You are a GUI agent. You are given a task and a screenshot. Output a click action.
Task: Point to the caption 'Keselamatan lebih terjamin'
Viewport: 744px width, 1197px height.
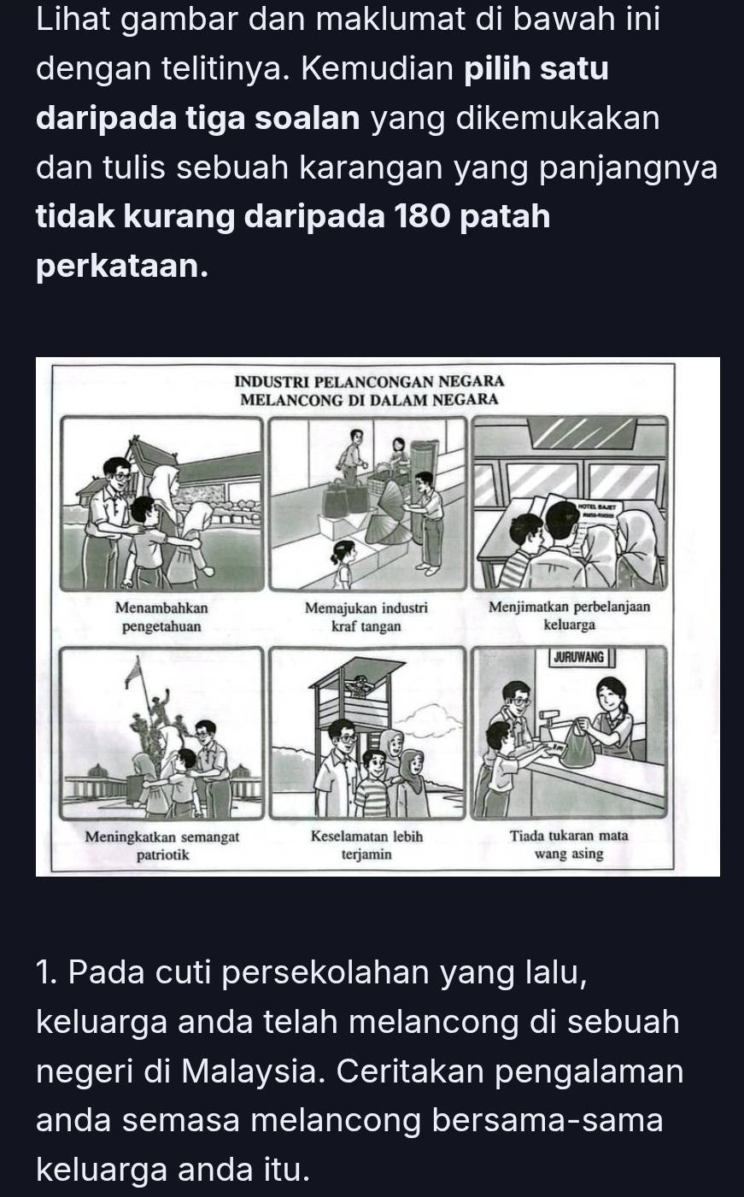[x=366, y=844]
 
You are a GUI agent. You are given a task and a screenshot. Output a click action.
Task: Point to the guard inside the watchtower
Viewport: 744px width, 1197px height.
[x=362, y=684]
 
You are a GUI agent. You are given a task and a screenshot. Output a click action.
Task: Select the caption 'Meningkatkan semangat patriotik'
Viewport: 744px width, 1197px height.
[x=162, y=844]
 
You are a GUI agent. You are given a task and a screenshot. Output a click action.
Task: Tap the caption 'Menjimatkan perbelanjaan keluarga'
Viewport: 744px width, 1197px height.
[x=569, y=617]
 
